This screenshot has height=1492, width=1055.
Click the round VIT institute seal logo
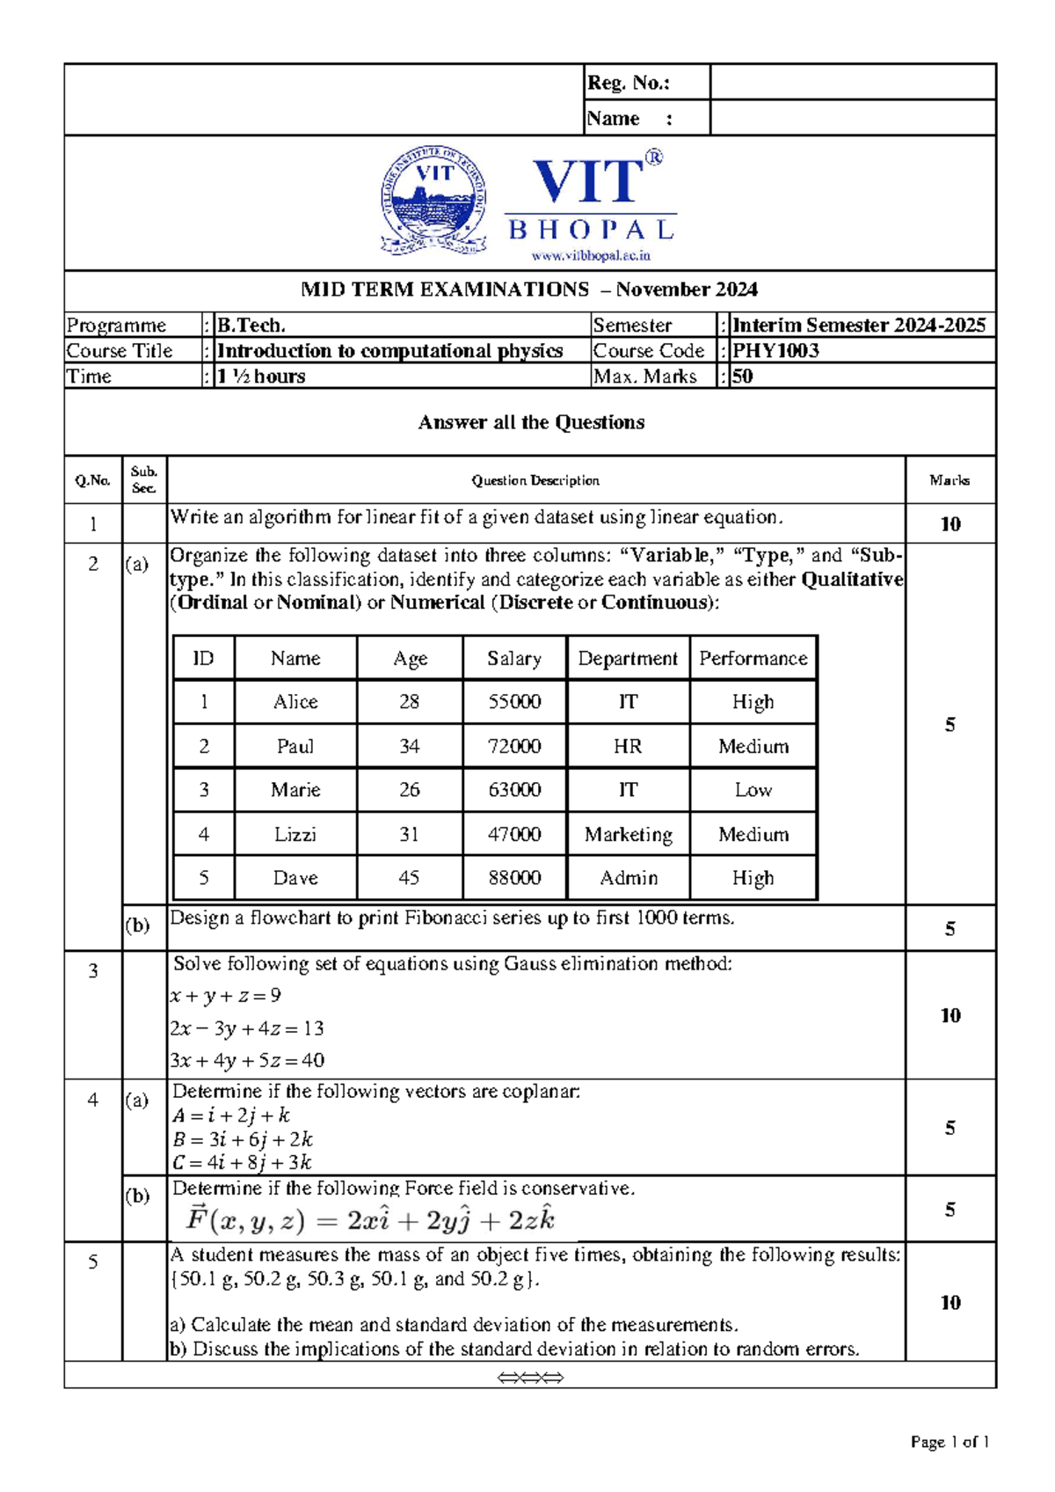[433, 202]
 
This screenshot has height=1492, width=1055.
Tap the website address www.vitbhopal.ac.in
[590, 256]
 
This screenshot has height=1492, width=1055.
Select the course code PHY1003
[775, 351]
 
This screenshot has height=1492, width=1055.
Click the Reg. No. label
[628, 83]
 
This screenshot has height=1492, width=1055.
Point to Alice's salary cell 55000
[514, 702]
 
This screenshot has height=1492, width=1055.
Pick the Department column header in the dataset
[628, 659]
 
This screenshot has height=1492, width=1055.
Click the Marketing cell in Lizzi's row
[628, 834]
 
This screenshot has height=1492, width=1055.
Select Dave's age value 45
[409, 878]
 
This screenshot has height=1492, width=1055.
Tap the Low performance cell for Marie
[753, 790]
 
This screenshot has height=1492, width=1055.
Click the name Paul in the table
[295, 746]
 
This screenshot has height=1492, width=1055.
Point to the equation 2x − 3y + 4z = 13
[247, 1028]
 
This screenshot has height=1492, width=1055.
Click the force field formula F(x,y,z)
[370, 1220]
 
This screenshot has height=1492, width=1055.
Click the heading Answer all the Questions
[531, 422]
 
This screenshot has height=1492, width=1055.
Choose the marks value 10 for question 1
[949, 524]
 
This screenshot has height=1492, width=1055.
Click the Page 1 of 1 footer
[949, 1442]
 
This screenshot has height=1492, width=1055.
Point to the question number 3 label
[93, 971]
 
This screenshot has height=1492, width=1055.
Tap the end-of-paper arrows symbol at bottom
[530, 1378]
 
